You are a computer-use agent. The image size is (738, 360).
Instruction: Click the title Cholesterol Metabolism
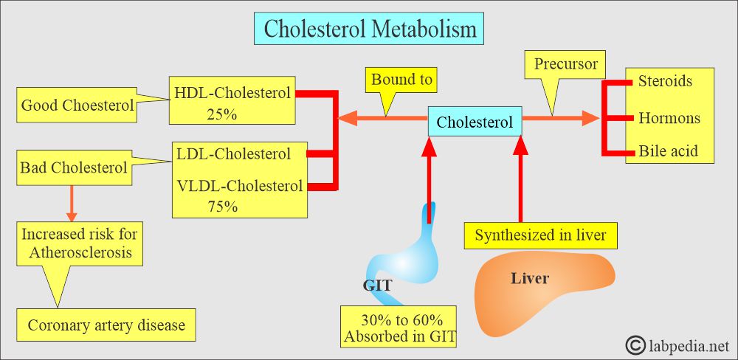point(370,29)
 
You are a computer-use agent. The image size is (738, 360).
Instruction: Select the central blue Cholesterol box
point(475,122)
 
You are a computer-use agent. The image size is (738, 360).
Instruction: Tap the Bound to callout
point(401,79)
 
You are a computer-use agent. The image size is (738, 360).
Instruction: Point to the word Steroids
point(665,81)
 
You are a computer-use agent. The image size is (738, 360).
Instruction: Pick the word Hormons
point(669,117)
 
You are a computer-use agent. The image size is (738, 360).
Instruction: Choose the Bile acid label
point(668,151)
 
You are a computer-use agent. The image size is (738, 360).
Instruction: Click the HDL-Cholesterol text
point(232,93)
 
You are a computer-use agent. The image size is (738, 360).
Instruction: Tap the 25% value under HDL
point(221,114)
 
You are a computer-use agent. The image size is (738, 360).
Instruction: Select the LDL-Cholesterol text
point(234,153)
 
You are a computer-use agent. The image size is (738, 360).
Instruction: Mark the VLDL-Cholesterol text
point(240,186)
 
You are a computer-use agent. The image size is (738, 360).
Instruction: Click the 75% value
point(223,207)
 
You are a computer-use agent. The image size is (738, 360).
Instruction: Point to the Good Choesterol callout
point(77,105)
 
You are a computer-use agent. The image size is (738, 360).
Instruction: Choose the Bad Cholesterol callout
point(75,167)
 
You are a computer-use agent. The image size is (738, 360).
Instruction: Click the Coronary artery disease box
point(106,325)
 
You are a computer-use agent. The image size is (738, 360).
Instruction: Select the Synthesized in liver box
point(541,235)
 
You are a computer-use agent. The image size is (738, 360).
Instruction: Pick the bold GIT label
point(377,285)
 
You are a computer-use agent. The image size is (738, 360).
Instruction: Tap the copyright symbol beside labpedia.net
point(635,345)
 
